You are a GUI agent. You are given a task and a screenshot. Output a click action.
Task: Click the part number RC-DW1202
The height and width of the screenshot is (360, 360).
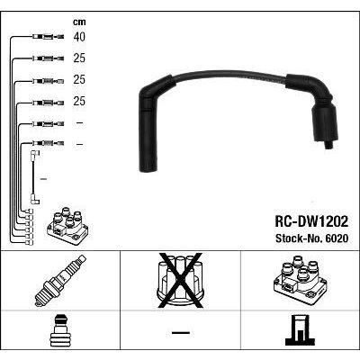[x=311, y=222]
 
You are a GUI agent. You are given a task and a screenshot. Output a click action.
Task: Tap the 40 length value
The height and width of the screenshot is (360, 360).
[x=79, y=37]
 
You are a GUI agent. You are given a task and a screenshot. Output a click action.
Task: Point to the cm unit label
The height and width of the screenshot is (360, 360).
[x=79, y=22]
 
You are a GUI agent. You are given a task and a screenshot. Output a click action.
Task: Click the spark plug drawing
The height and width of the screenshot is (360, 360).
[x=60, y=281]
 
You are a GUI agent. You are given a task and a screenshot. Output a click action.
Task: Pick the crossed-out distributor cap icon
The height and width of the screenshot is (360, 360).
[x=180, y=281]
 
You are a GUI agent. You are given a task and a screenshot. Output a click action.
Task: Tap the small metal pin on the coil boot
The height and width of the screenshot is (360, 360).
[x=329, y=145]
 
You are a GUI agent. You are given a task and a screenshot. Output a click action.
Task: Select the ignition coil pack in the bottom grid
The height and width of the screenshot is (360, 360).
[x=300, y=279]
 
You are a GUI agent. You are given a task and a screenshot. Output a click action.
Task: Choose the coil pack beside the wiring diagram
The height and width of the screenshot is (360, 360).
[x=67, y=226]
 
